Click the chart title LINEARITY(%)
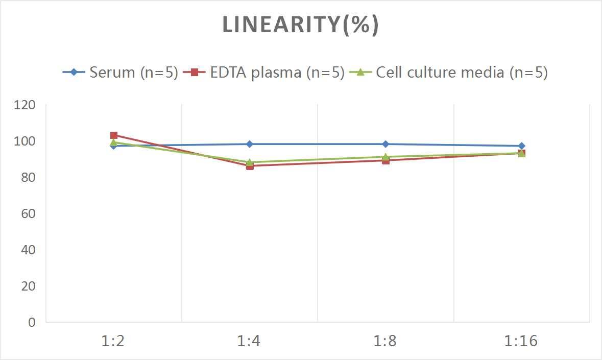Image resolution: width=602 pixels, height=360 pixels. click(300, 25)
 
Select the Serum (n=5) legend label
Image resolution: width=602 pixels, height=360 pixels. click(133, 73)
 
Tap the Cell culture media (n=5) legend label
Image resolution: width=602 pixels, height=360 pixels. click(462, 73)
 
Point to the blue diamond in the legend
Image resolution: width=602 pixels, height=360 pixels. click(74, 73)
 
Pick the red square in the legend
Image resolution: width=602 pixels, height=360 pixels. click(194, 73)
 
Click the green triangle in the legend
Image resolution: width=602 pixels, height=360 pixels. click(360, 73)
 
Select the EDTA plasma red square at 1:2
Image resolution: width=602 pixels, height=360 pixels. click(114, 135)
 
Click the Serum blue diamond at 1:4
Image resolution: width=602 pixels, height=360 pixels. click(250, 144)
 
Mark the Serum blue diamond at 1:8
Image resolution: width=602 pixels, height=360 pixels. click(386, 144)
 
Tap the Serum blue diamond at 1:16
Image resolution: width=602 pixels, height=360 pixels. click(521, 146)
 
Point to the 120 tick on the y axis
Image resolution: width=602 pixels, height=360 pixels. click(26, 105)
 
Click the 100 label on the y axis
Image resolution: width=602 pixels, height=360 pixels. click(26, 141)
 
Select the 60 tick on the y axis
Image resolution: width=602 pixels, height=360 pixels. click(29, 214)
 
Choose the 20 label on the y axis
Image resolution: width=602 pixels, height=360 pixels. click(29, 286)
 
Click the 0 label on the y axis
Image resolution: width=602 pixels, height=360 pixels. click(32, 322)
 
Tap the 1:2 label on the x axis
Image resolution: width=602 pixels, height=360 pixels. click(113, 341)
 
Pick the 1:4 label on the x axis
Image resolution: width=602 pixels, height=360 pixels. click(249, 341)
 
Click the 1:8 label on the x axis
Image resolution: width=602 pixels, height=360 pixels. click(385, 341)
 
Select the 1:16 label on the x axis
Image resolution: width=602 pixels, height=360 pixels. click(521, 341)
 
